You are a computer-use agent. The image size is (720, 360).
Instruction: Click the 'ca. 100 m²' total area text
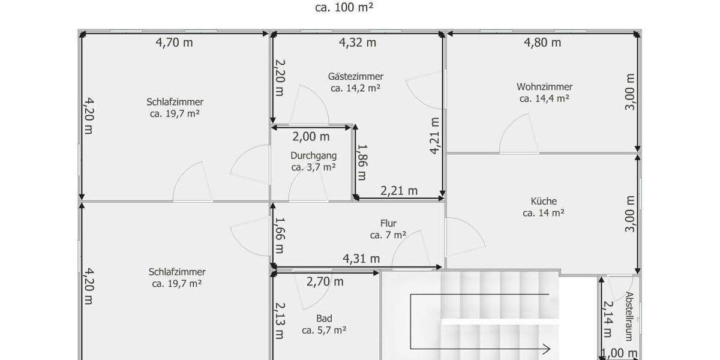coord(345,8)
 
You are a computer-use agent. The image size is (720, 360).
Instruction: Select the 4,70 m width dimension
coord(174,43)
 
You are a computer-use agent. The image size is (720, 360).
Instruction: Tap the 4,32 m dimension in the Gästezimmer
coord(358,43)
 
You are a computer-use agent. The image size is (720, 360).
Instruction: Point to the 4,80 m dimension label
coord(542,43)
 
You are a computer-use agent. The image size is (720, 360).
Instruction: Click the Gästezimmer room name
coord(356,76)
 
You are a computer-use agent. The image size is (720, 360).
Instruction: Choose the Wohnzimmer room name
coord(544,86)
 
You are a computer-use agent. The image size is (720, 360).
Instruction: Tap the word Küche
coord(544,201)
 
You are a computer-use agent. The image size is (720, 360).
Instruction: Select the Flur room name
coord(388,223)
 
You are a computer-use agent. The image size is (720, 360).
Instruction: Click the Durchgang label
coord(313,155)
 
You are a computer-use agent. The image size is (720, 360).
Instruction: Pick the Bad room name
coord(324,318)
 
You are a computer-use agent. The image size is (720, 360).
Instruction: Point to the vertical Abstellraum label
coord(629,316)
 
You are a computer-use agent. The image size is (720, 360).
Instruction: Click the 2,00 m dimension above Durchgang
coord(311,137)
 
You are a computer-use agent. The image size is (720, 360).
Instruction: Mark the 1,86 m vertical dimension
coord(361,161)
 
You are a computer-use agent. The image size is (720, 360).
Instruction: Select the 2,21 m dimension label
coord(399,191)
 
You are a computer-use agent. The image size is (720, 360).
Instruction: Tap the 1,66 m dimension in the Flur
coord(280,235)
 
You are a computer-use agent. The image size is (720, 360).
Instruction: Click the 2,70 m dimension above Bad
coord(325,281)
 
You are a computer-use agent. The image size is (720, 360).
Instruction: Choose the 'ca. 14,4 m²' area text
coord(544,98)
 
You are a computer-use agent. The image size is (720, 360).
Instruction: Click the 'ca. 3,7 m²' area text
coord(313,167)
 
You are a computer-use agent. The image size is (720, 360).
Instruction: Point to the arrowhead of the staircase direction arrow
coord(547,348)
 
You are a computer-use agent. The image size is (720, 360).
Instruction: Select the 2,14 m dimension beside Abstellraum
coord(607,319)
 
